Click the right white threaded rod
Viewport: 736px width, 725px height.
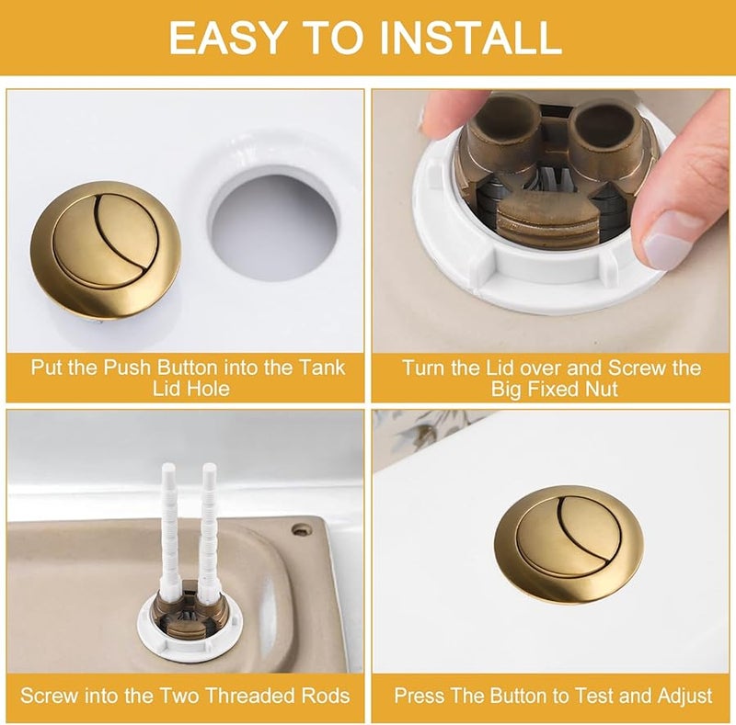pos(209,542)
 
